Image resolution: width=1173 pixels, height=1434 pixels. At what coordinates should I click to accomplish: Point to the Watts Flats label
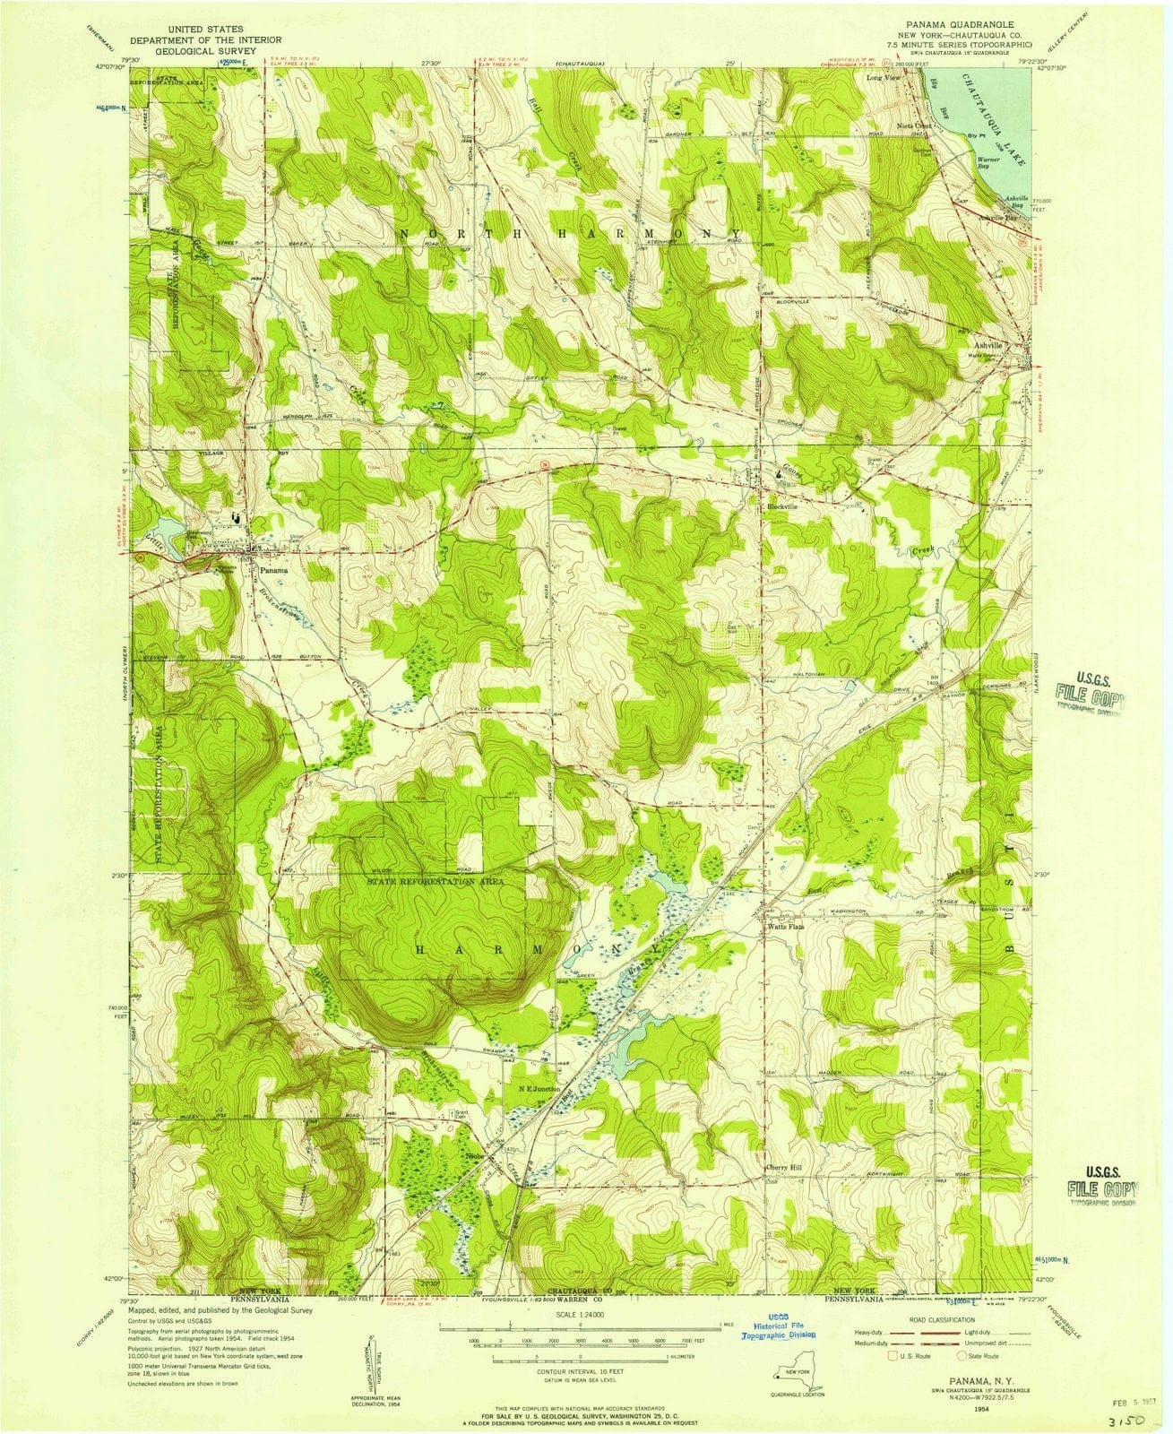(785, 928)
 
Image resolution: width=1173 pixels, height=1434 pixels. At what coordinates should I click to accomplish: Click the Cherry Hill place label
(788, 1168)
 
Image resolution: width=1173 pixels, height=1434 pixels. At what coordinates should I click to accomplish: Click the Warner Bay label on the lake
(988, 163)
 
